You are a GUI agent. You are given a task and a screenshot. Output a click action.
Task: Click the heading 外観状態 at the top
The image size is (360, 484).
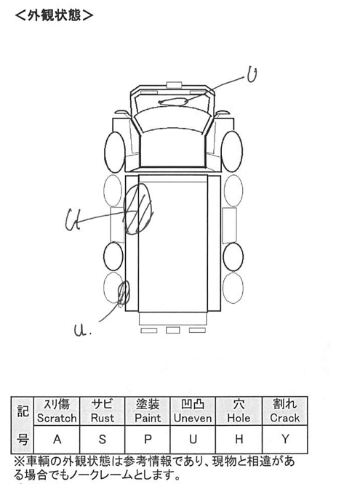click(x=54, y=15)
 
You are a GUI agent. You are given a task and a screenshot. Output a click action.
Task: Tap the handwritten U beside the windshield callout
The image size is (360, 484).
click(x=252, y=75)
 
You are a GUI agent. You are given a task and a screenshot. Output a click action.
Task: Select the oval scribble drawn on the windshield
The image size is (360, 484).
click(x=173, y=102)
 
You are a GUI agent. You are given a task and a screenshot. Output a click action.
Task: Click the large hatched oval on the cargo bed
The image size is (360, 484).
click(x=138, y=209)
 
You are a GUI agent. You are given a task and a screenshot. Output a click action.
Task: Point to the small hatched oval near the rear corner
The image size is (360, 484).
click(x=124, y=293)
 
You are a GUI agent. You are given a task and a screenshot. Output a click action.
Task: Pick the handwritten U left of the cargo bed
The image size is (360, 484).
click(x=73, y=219)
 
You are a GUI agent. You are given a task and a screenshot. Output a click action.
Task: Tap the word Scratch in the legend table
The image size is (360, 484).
click(x=57, y=418)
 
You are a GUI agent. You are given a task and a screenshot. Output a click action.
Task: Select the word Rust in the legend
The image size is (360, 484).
click(x=103, y=418)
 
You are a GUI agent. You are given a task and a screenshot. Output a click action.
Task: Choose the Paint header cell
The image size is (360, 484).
click(x=148, y=411)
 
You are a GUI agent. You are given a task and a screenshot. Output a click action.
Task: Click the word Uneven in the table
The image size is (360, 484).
click(x=193, y=418)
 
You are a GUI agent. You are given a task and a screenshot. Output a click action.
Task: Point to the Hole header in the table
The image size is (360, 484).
click(x=239, y=411)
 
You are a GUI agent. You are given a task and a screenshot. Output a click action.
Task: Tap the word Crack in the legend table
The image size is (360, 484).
click(x=284, y=418)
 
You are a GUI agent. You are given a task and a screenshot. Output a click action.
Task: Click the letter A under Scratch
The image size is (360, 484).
click(x=57, y=439)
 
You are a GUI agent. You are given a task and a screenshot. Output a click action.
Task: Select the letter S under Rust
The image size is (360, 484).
click(x=103, y=439)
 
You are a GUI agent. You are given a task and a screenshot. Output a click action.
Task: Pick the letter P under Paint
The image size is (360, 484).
click(x=148, y=439)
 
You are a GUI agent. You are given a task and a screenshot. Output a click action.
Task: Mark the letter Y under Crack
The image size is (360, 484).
click(x=285, y=439)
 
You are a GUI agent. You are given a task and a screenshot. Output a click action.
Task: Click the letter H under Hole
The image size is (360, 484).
click(x=239, y=439)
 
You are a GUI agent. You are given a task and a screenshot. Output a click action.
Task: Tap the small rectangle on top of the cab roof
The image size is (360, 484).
click(x=174, y=85)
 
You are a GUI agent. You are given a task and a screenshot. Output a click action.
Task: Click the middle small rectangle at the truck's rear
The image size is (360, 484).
click(x=173, y=330)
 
